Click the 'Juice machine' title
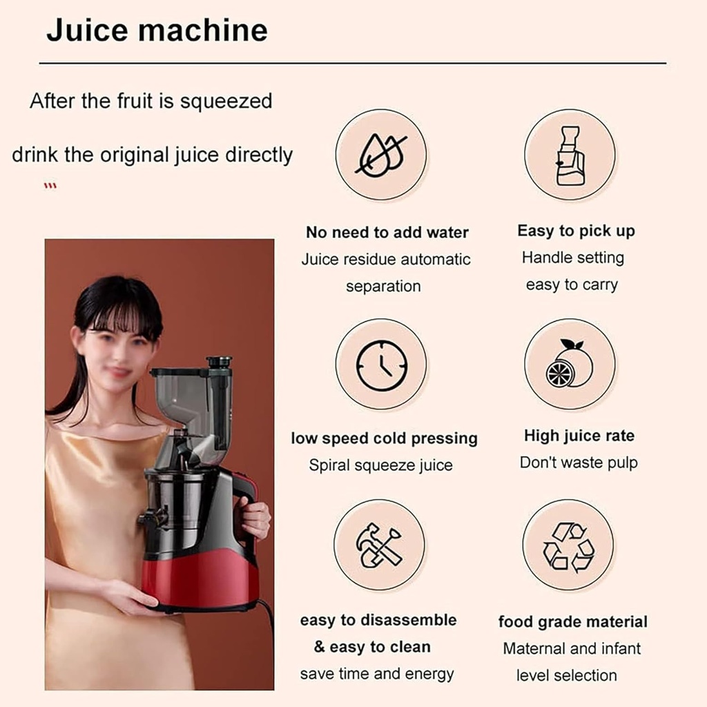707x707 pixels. [x=157, y=31]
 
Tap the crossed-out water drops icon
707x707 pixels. [x=380, y=155]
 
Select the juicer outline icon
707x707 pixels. [x=570, y=155]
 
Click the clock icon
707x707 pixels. [x=381, y=364]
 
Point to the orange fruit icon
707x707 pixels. [x=570, y=364]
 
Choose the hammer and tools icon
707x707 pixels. [x=379, y=545]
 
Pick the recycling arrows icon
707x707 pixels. [x=568, y=545]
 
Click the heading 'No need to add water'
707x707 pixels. [x=387, y=233]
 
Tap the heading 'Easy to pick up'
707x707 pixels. [x=576, y=231]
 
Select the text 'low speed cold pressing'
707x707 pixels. [x=384, y=438]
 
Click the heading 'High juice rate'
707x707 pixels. [x=579, y=436]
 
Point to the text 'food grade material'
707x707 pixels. [x=572, y=622]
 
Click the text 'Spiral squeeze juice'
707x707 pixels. [x=380, y=465]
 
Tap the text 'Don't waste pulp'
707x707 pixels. [x=579, y=463]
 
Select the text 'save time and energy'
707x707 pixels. [x=376, y=674]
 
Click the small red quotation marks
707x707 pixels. [x=50, y=186]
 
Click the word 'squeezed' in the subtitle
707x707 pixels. [x=226, y=101]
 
